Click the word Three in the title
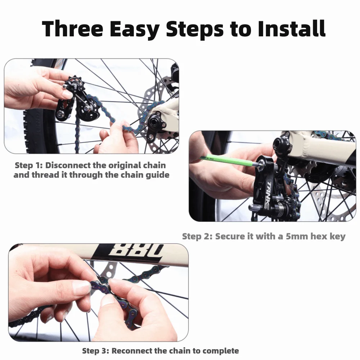(73, 28)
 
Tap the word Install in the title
(291, 28)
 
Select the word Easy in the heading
(134, 30)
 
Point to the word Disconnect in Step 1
(68, 165)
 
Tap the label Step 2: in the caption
(197, 237)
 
